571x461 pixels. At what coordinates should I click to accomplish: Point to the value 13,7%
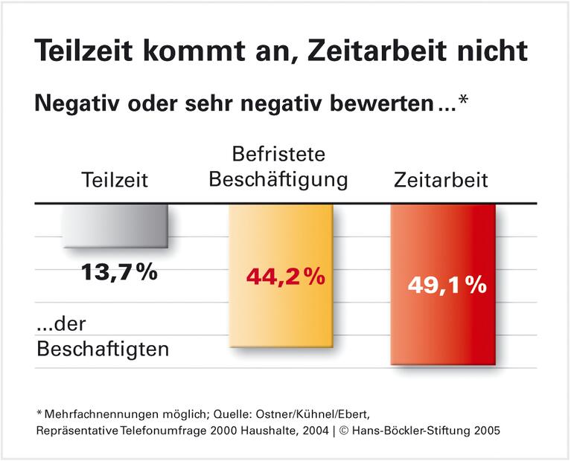pos(119,272)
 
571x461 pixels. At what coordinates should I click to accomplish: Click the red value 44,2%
pos(285,277)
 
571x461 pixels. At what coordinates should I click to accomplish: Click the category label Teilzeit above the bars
pos(115,181)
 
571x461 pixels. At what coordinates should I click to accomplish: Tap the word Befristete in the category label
pos(278,155)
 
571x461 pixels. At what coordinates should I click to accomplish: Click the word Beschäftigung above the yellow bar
pos(278,180)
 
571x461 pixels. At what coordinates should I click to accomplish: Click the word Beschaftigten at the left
pos(103,348)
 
